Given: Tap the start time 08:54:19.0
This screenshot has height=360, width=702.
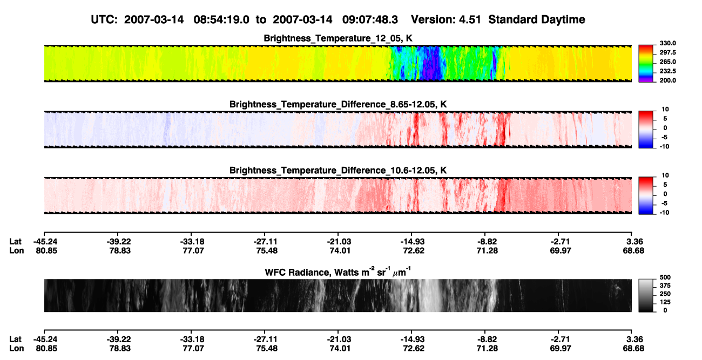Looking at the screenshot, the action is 221,19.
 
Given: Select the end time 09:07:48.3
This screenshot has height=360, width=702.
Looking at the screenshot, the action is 370,19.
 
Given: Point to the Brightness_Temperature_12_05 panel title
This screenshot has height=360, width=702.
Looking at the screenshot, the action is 338,38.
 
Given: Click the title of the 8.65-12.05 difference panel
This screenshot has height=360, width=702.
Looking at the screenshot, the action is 338,104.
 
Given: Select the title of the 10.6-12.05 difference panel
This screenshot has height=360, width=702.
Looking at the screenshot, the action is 338,171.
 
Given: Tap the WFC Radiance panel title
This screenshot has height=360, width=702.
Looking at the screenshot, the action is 338,272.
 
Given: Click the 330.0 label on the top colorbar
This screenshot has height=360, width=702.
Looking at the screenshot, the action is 667,43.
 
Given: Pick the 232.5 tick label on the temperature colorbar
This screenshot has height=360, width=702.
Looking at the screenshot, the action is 667,71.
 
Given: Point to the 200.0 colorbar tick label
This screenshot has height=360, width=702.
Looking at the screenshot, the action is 667,80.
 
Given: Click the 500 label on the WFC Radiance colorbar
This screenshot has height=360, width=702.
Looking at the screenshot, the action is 665,277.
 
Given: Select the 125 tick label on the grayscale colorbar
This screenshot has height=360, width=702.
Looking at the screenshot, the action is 665,302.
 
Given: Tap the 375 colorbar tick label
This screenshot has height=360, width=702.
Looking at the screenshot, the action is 665,286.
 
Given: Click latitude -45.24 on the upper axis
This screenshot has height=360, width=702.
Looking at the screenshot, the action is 45,242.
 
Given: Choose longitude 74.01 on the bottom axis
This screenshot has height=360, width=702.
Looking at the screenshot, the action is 340,349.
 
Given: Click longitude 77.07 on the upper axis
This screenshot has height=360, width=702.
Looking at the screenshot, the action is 193,250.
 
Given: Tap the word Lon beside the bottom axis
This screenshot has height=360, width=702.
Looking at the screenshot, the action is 16,349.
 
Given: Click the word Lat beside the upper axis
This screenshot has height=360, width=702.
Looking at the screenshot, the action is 15,242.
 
